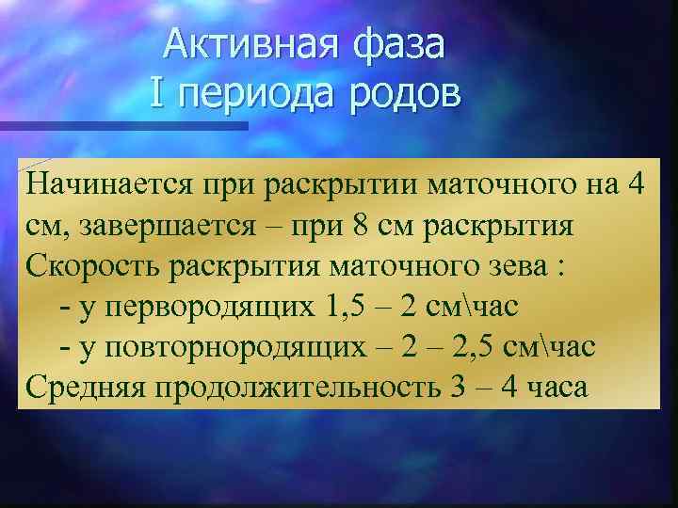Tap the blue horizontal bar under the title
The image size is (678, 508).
tap(122, 125)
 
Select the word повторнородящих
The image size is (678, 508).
tap(233, 347)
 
